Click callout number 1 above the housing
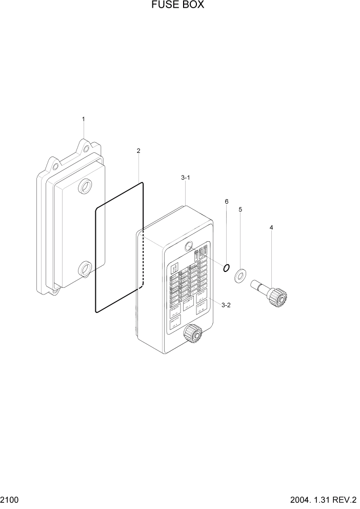pyautogui.click(x=84, y=119)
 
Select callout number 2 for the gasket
pyautogui.click(x=138, y=151)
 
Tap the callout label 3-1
pyautogui.click(x=186, y=178)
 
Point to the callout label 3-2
pyautogui.click(x=226, y=305)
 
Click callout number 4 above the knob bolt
pyautogui.click(x=271, y=227)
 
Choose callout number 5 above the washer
pyautogui.click(x=241, y=209)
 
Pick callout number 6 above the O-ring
pyautogui.click(x=226, y=201)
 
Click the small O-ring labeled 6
pyautogui.click(x=226, y=267)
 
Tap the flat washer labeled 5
pyautogui.click(x=240, y=277)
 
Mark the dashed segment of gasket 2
pyautogui.click(x=143, y=262)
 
